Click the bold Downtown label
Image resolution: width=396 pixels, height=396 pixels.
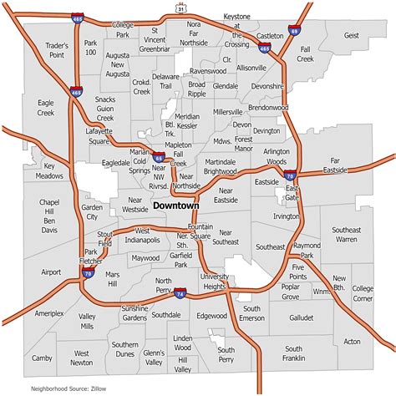click(176, 205)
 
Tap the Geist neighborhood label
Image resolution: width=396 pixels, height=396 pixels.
click(351, 36)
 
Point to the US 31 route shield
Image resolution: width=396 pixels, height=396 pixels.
click(180, 8)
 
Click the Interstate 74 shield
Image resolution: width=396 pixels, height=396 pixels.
click(180, 294)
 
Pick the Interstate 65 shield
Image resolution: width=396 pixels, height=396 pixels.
click(159, 155)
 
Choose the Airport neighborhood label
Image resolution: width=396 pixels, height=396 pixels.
click(51, 272)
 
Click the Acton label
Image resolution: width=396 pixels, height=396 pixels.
click(352, 341)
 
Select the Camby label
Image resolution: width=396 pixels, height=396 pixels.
click(42, 358)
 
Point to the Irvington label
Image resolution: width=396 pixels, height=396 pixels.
click(286, 216)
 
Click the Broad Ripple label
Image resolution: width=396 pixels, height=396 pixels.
click(197, 89)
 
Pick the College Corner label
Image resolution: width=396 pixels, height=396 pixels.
click(363, 293)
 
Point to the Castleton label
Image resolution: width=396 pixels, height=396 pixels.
click(271, 37)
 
